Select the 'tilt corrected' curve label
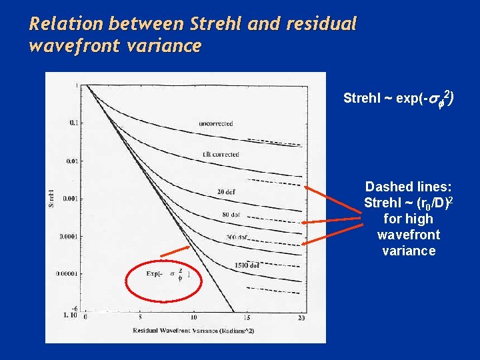(221, 154)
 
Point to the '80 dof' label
(231, 215)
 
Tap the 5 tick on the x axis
(140, 317)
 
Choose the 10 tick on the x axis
(193, 317)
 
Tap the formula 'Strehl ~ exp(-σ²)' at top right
(399, 99)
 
